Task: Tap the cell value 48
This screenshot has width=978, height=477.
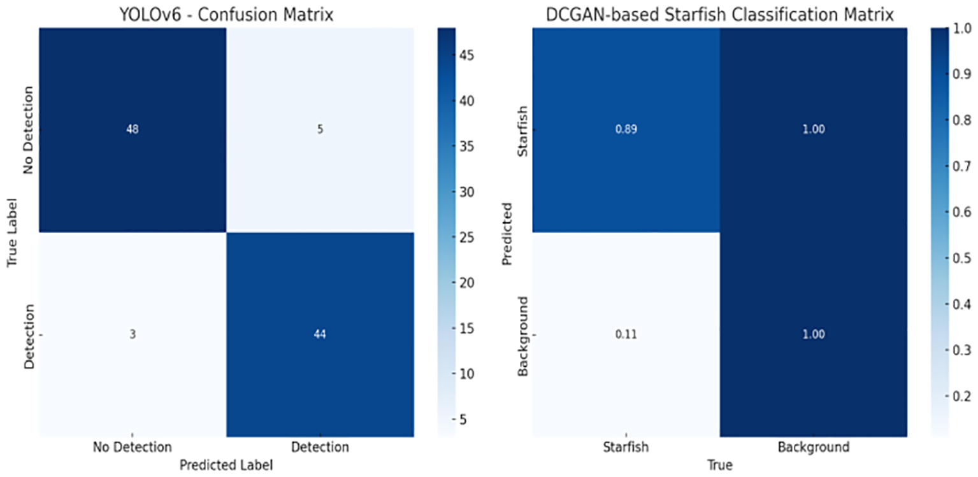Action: click(133, 130)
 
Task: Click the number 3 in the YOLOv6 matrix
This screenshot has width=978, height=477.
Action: click(133, 335)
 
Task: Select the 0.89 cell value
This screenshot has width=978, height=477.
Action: click(626, 130)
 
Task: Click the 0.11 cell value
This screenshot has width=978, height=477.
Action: click(626, 335)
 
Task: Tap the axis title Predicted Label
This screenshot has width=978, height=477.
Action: click(226, 465)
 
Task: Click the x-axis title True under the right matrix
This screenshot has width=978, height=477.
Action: click(720, 465)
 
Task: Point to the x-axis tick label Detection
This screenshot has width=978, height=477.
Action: click(319, 447)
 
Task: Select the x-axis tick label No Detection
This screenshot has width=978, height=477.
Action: click(133, 447)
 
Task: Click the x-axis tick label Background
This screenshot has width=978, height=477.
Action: click(814, 447)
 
